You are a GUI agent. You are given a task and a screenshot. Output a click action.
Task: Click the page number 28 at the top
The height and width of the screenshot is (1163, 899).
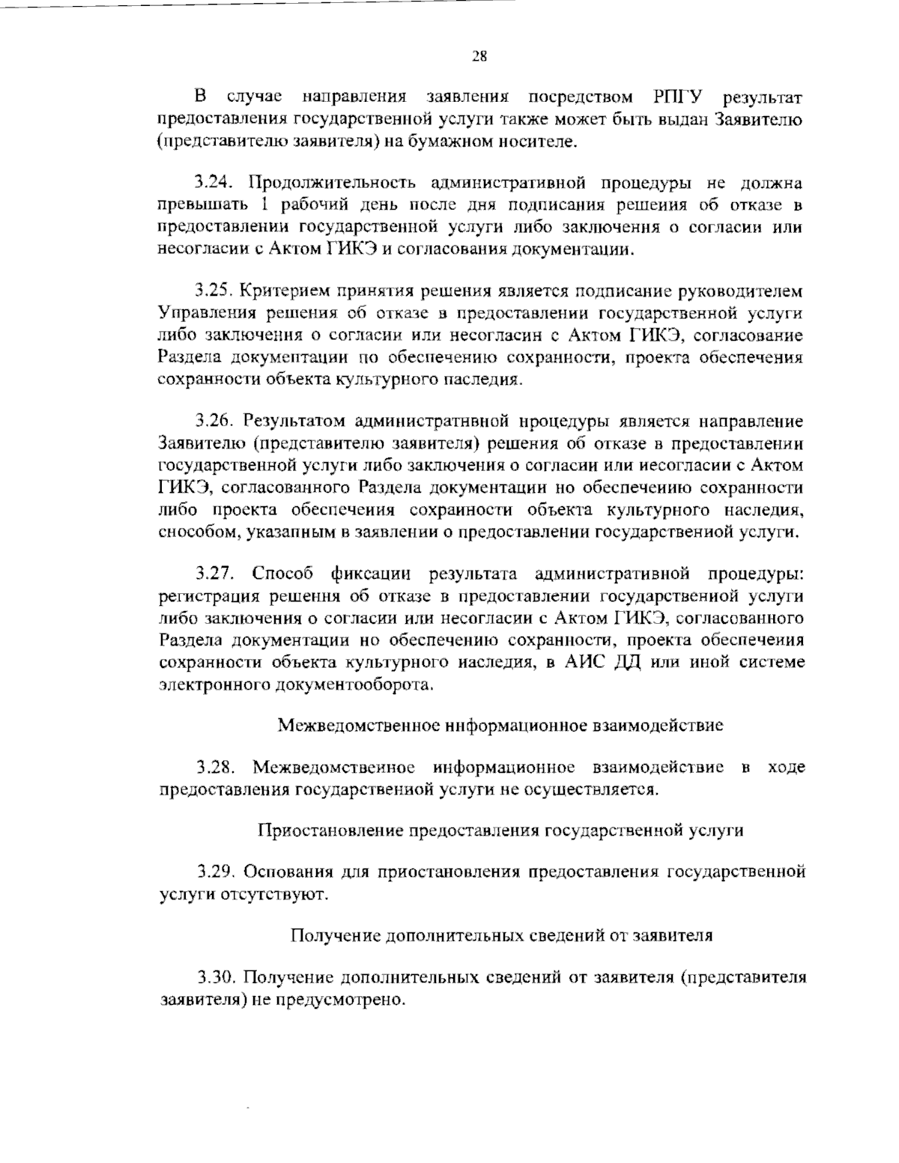479,55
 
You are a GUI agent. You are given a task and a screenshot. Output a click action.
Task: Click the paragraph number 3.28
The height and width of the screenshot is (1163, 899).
217,768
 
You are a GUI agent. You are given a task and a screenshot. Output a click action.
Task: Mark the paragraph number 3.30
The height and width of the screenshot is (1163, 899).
217,978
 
